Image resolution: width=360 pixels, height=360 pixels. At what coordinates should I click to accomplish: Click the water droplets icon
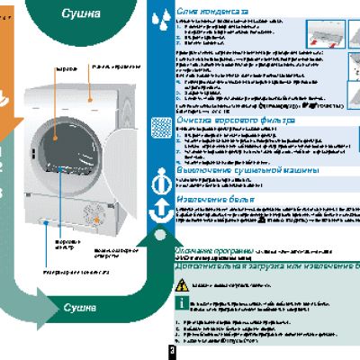point(160,16)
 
